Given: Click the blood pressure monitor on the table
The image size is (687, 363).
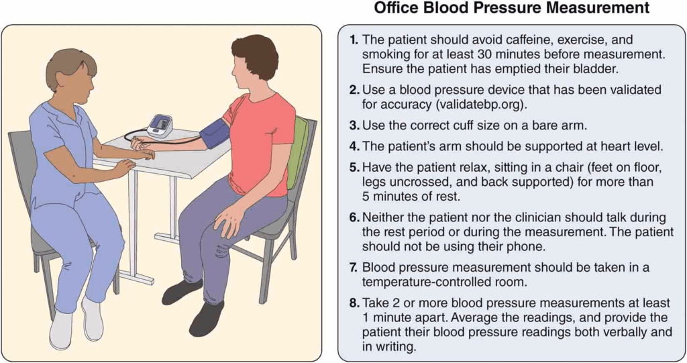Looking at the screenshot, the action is (160, 126).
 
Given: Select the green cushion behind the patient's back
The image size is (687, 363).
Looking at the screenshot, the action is (298, 151).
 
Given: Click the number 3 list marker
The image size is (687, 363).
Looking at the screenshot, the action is (354, 125).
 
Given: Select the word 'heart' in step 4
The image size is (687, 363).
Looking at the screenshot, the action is (600, 146).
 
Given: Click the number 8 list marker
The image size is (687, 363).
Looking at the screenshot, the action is (354, 303).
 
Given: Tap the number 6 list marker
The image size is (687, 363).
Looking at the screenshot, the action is (354, 217).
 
